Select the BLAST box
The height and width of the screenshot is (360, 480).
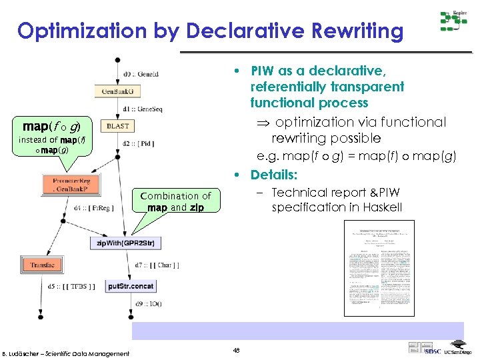click(118, 125)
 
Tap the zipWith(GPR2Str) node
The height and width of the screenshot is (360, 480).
click(125, 243)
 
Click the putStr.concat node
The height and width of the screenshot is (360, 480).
click(131, 286)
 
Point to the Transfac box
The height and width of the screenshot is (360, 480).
click(42, 265)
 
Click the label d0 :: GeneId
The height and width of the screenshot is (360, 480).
click(141, 75)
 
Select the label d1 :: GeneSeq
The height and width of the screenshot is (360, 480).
click(143, 109)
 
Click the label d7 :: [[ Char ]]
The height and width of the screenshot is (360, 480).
click(156, 266)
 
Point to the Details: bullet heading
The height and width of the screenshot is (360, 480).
click(274, 175)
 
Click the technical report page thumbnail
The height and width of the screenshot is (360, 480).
click(379, 267)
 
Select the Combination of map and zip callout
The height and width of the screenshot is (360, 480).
click(176, 201)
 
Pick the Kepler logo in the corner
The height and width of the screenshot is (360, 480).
click(453, 22)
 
